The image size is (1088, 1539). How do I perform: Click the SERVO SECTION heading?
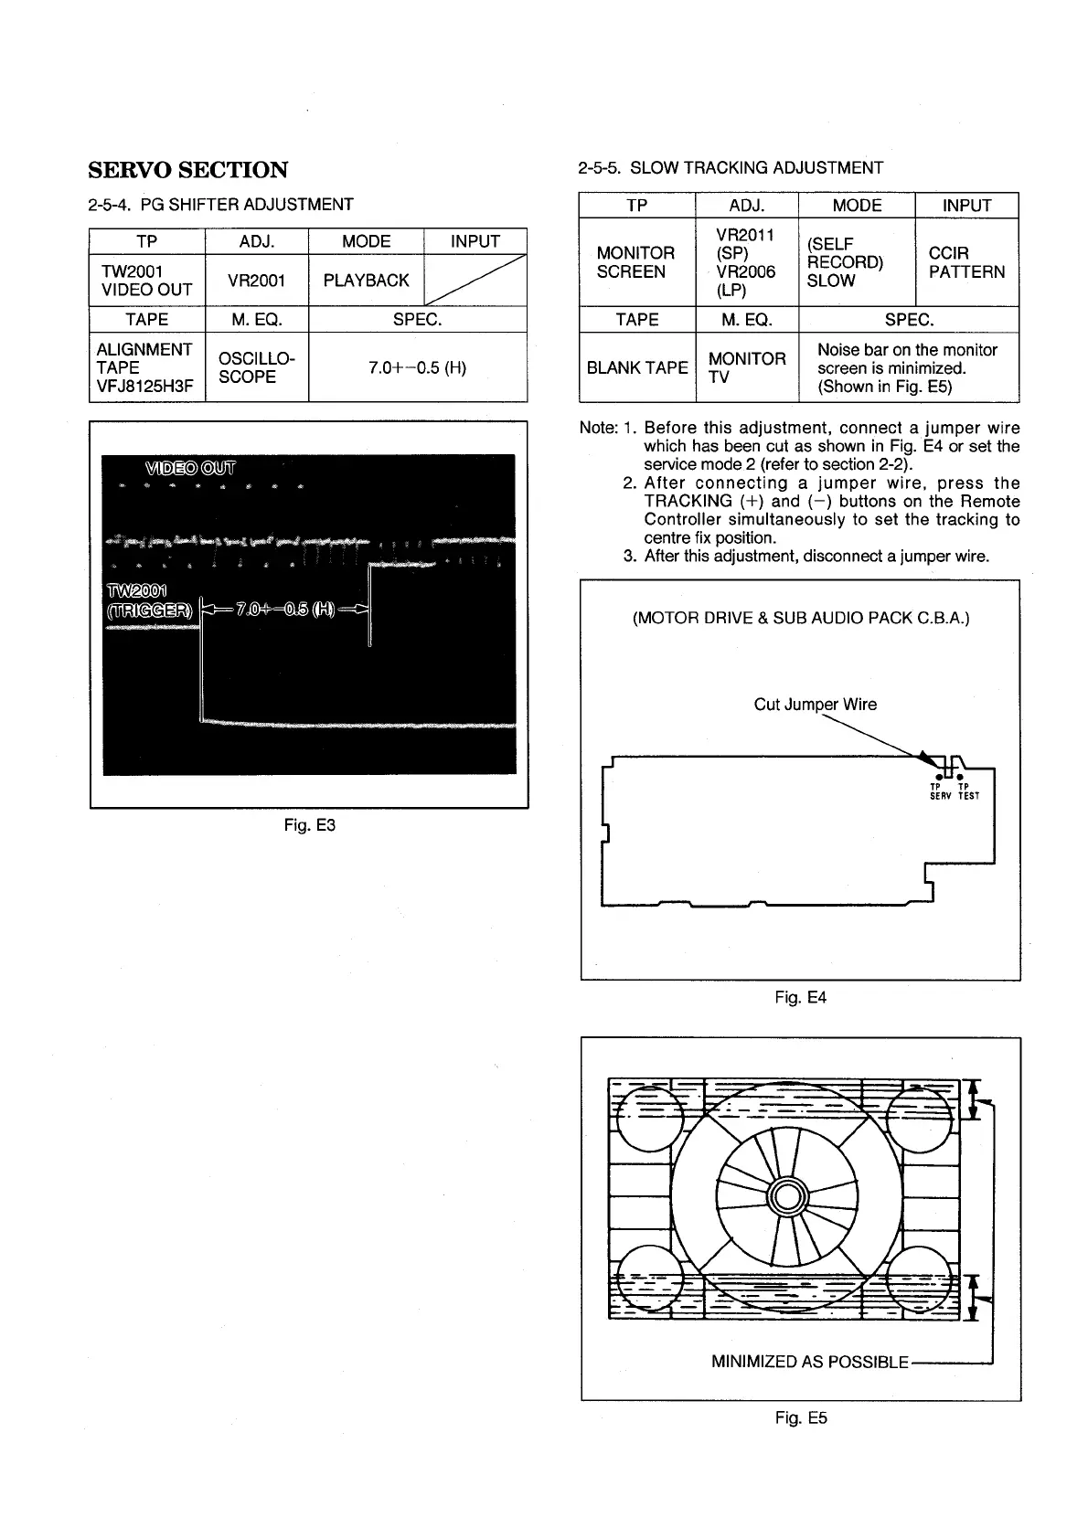click(x=187, y=170)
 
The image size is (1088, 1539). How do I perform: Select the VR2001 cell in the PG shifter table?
click(x=256, y=281)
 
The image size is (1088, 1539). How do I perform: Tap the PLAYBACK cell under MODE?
click(x=366, y=281)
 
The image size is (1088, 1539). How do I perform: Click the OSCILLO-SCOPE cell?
click(x=256, y=367)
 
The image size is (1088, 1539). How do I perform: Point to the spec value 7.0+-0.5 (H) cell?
click(x=417, y=367)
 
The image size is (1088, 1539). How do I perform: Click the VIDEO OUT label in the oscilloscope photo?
click(x=189, y=469)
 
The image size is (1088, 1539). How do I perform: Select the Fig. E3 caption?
click(x=310, y=825)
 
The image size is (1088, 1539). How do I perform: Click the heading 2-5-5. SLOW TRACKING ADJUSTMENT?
click(x=731, y=168)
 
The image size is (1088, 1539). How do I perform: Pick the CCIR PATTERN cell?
click(x=965, y=262)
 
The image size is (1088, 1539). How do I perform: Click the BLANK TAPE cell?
click(x=636, y=367)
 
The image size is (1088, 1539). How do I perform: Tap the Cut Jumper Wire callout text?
click(x=815, y=705)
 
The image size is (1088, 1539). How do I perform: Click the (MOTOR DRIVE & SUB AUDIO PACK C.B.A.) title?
click(x=801, y=618)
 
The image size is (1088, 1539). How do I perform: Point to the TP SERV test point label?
click(x=940, y=791)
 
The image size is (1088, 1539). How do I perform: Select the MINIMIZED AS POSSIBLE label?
click(x=809, y=1362)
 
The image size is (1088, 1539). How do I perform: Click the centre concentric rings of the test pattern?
click(x=785, y=1196)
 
